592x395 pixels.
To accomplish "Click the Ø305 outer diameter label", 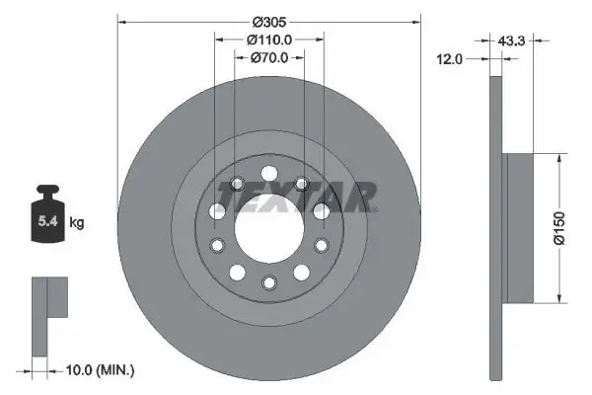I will click(268, 21).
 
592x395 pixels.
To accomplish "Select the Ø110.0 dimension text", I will click(268, 39).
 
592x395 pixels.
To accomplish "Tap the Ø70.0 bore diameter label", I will click(268, 57).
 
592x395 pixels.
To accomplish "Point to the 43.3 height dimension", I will click(510, 40).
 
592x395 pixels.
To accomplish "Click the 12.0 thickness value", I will click(450, 59).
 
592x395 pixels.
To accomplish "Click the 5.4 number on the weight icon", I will click(46, 222).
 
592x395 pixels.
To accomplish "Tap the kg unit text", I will click(76, 223).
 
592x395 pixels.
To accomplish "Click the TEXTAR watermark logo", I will click(297, 196).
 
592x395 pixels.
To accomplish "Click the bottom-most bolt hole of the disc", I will click(268, 283).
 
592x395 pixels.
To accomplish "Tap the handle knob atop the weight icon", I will click(46, 192).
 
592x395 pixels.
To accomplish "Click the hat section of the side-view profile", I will click(518, 228).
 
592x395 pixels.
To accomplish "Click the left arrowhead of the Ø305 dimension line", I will click(121, 21).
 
